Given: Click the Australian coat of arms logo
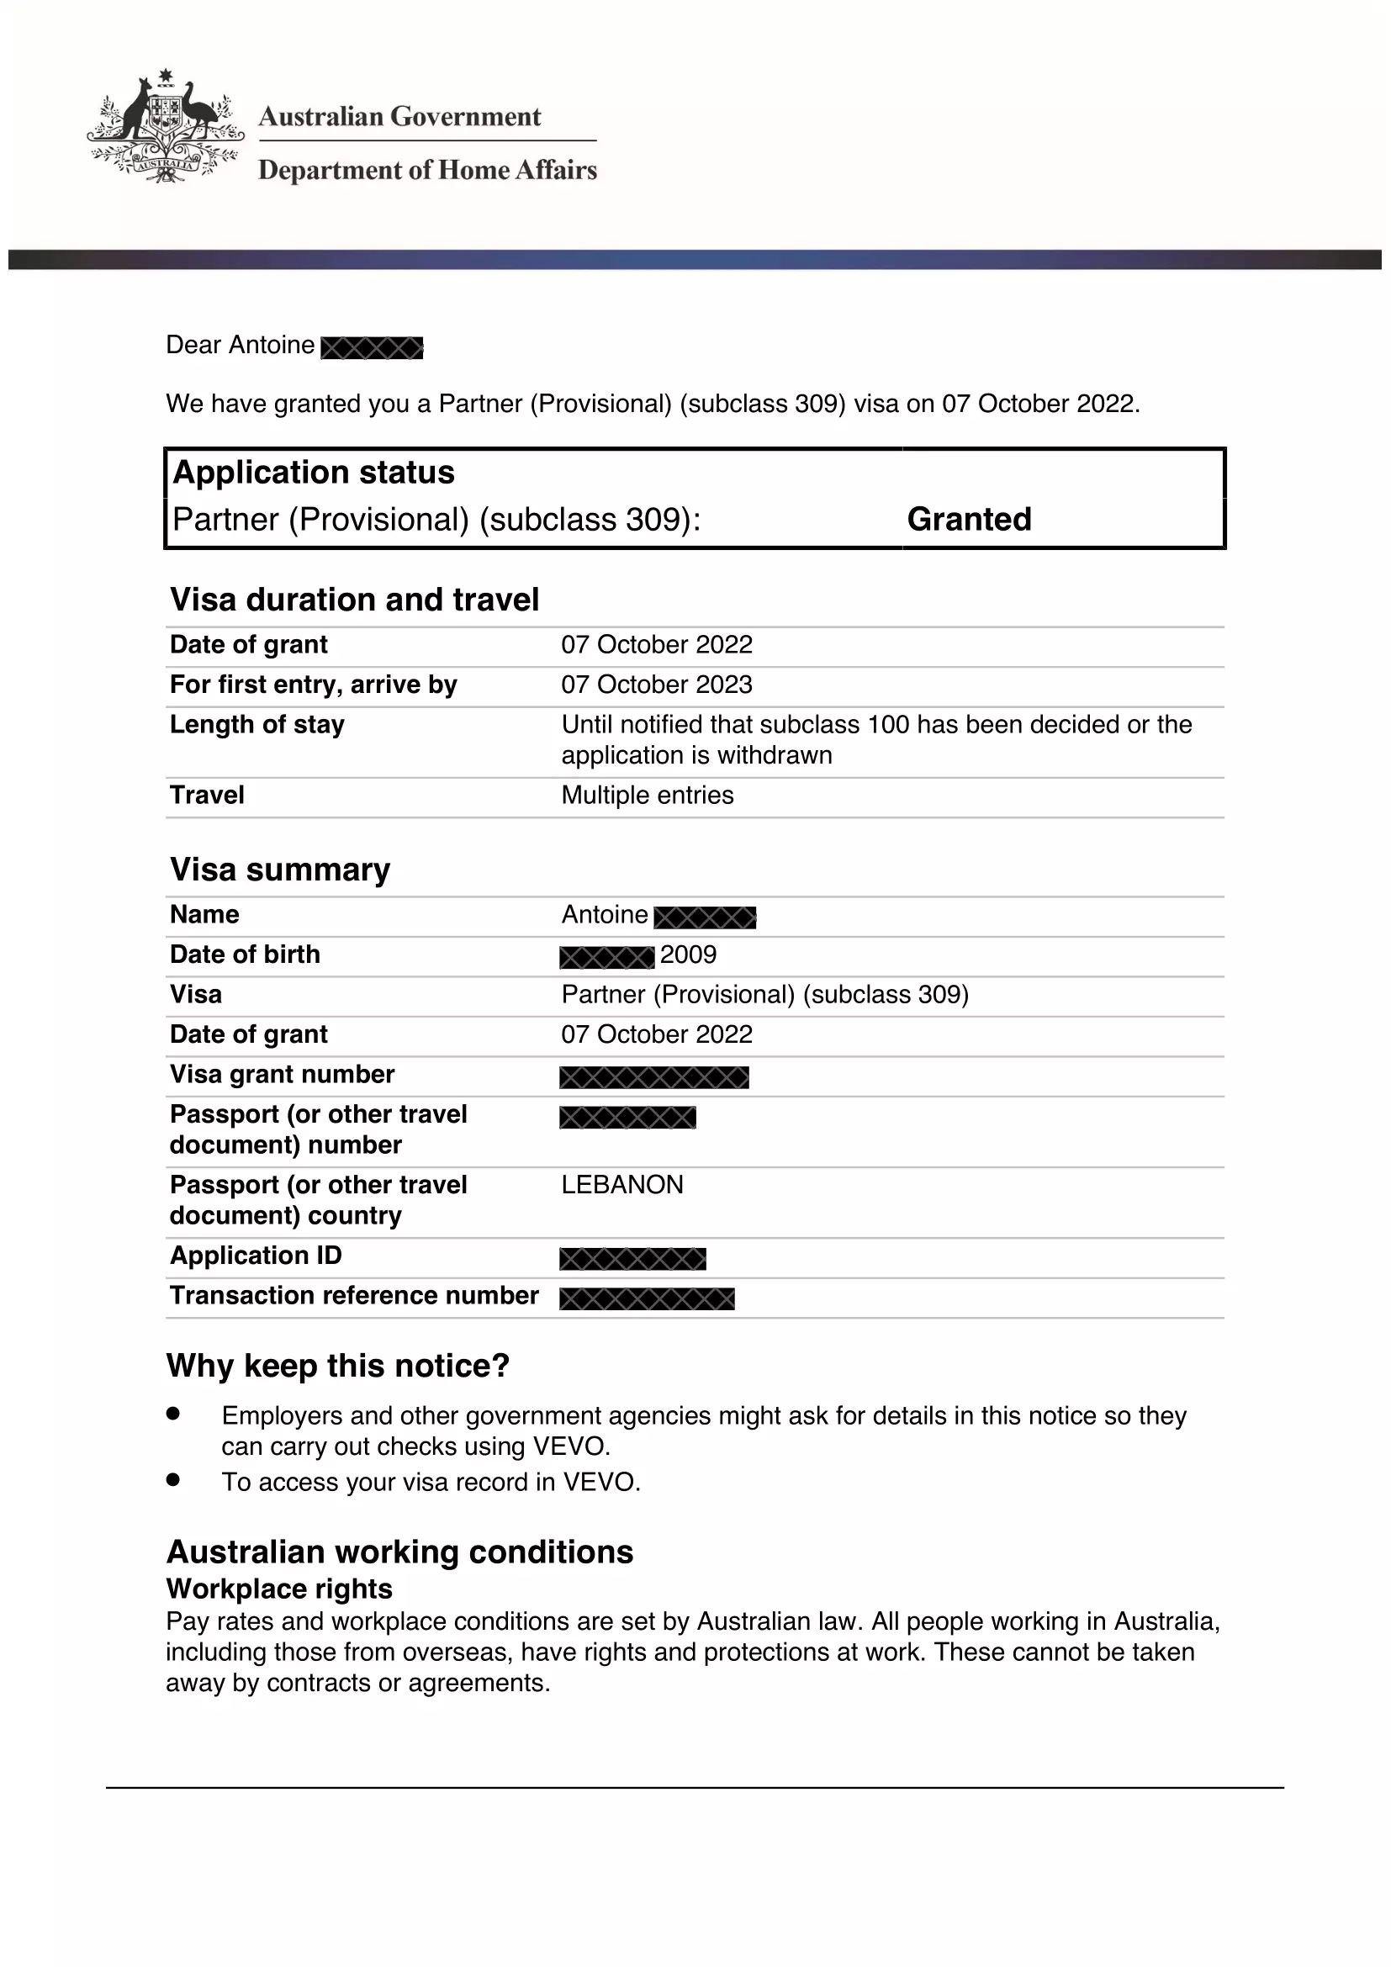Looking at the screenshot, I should pos(165,127).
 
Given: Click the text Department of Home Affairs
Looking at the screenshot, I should pos(427,170).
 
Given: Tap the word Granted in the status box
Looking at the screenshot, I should pos(969,519).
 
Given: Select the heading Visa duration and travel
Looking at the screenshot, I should pos(355,600).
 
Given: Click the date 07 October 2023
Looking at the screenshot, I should pos(656,685).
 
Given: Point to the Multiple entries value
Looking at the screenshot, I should pos(648,795).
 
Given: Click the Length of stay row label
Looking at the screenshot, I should pos(257,725).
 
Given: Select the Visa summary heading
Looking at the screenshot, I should pos(280,870).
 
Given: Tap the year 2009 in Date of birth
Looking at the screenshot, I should pos(689,954).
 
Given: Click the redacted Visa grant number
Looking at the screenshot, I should pos(654,1077).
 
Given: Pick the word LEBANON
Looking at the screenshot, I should pos(622,1185).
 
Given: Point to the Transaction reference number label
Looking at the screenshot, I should pos(355,1295).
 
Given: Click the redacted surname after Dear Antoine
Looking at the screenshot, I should pos(372,347).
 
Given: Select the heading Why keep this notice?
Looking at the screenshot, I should pos(338,1366).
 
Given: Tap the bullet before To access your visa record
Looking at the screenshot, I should pos(174,1479).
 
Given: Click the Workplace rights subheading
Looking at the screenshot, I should pos(280,1589).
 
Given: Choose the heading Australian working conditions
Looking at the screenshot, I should pos(400,1552).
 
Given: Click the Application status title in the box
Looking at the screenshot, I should pos(314,473).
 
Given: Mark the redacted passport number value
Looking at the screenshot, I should pos(628,1117).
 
